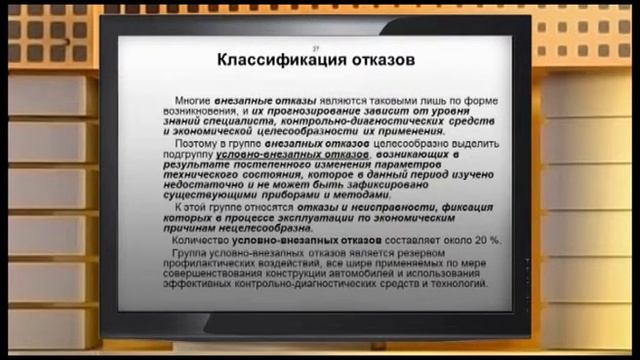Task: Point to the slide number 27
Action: tap(317, 47)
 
